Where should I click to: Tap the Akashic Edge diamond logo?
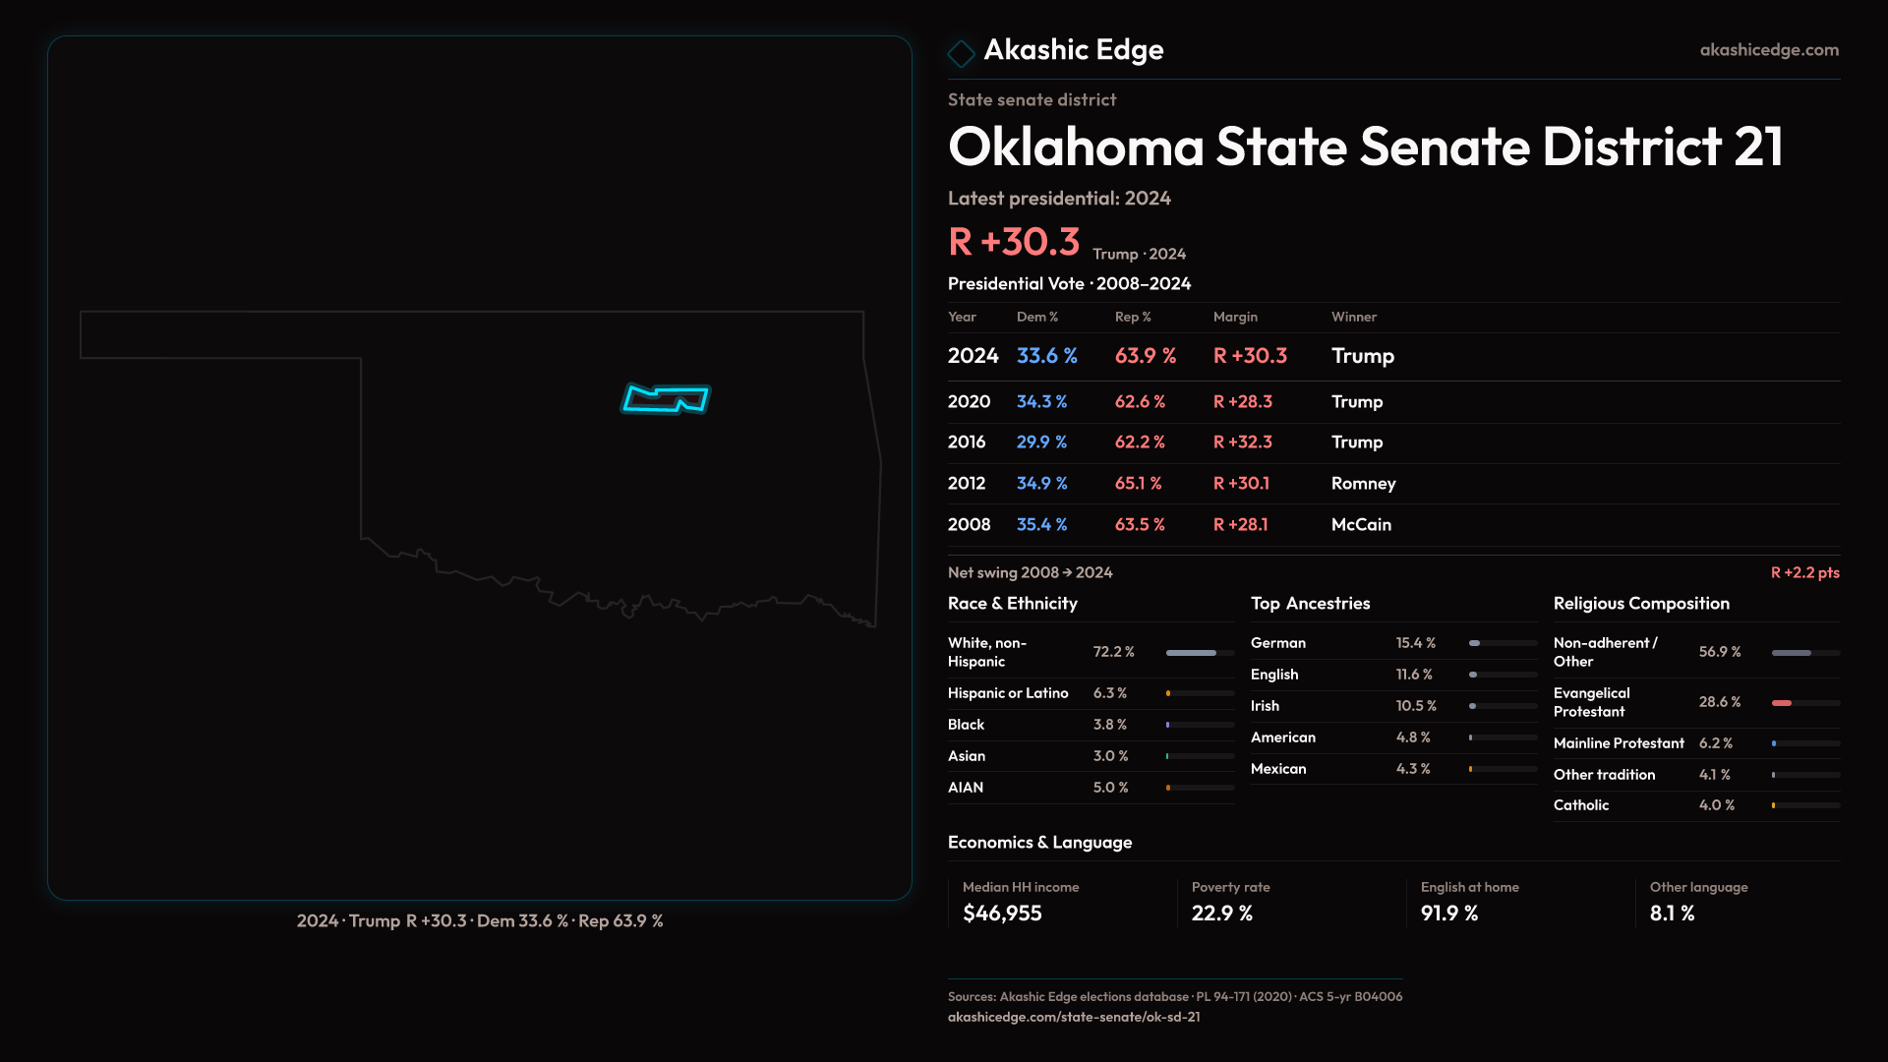point(961,53)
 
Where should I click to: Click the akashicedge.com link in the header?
point(1768,49)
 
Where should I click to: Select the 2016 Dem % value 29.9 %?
point(1041,442)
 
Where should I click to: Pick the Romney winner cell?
point(1363,484)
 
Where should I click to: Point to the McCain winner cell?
point(1361,525)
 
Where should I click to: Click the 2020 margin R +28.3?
point(1242,402)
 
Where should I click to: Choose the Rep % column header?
point(1132,317)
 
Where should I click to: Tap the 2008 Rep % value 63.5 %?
point(1139,525)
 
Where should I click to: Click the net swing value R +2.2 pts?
point(1804,572)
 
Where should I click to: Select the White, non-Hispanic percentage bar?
point(1200,653)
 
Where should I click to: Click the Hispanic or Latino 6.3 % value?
point(1109,693)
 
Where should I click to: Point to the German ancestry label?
point(1277,643)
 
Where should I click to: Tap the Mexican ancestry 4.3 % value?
point(1412,769)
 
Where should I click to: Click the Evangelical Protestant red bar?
point(1782,703)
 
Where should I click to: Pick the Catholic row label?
point(1580,805)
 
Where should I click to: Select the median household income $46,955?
point(1001,914)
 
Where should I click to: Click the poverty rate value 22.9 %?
point(1221,914)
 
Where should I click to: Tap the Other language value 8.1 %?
point(1672,914)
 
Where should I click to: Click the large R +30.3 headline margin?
point(1013,242)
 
